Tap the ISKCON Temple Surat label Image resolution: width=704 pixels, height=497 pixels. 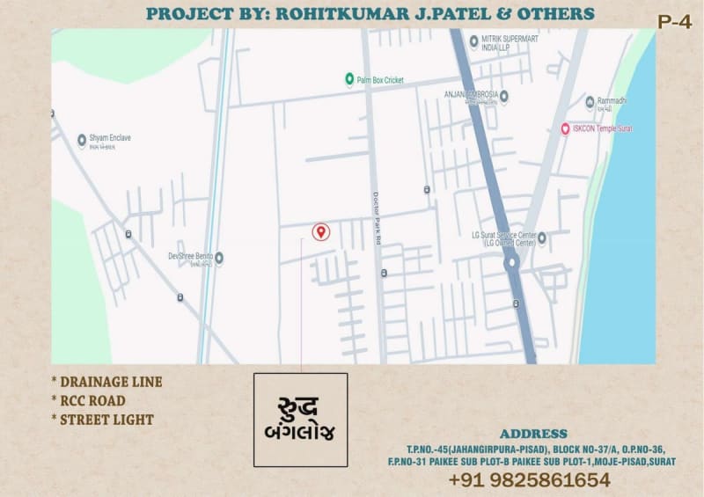click(x=604, y=129)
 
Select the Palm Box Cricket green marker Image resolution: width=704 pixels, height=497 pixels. click(x=349, y=79)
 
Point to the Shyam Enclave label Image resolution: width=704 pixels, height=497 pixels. click(x=109, y=139)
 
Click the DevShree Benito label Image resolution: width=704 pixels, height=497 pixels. click(x=190, y=257)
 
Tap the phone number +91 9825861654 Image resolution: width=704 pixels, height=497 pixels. click(x=529, y=480)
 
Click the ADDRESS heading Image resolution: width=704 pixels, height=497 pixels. click(x=533, y=434)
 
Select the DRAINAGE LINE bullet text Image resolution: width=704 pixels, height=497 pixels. click(x=110, y=382)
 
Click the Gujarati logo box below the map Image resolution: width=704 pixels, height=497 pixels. click(x=300, y=420)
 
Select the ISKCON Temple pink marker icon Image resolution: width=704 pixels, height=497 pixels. click(x=565, y=129)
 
